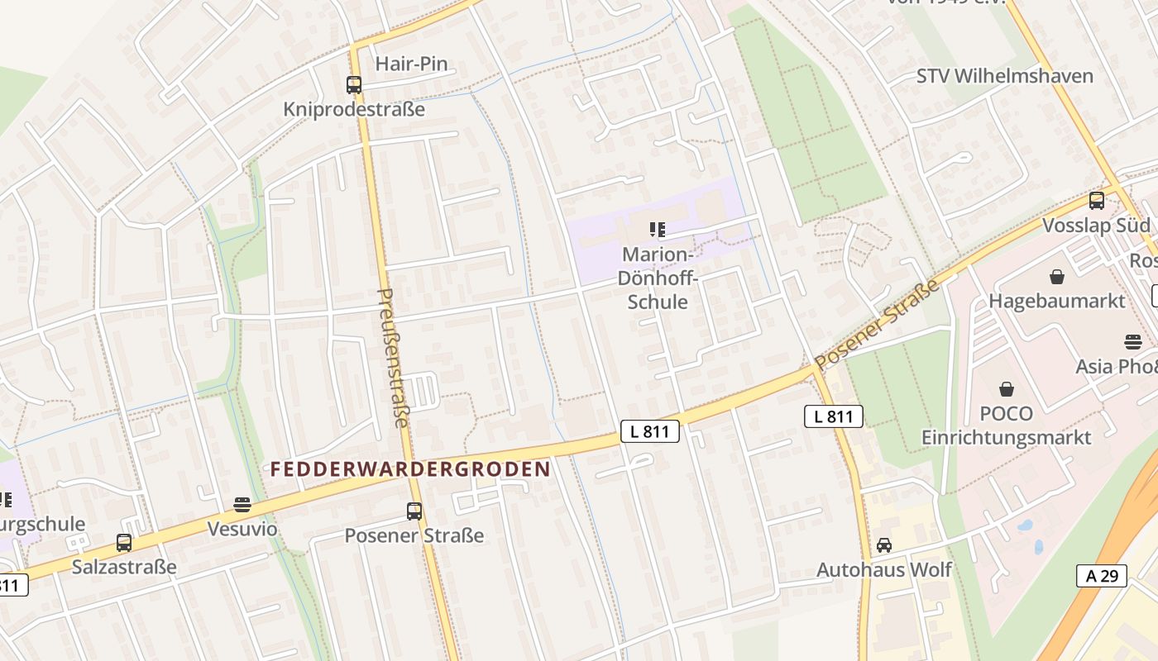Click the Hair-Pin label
click(x=411, y=64)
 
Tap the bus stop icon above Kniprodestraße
click(x=354, y=84)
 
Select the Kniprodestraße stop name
click(x=354, y=109)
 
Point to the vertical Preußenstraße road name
click(x=392, y=357)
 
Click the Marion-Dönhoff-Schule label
click(x=658, y=278)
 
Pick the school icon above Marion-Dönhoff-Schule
click(x=658, y=230)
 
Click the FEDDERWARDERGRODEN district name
click(x=410, y=469)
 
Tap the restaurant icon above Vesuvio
click(x=242, y=505)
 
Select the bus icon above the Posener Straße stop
click(x=414, y=511)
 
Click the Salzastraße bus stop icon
click(x=124, y=543)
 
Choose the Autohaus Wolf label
click(x=884, y=570)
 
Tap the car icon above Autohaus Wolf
click(x=884, y=545)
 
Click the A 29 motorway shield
click(x=1102, y=576)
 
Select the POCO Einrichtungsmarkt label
click(x=1007, y=426)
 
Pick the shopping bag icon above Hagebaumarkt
click(x=1057, y=277)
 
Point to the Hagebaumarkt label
click(x=1057, y=301)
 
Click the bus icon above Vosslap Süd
click(x=1097, y=201)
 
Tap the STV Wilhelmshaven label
click(x=1004, y=76)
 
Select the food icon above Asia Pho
click(x=1133, y=341)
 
